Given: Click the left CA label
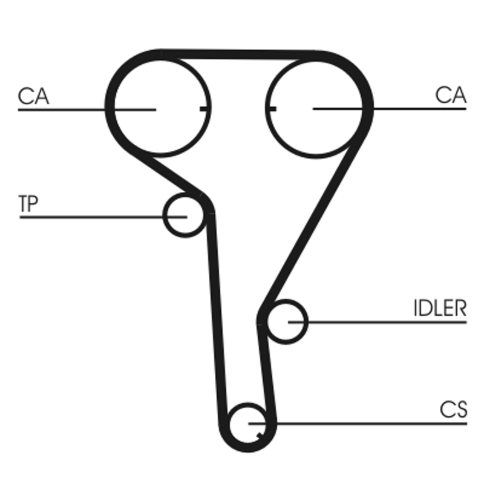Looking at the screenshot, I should [33, 96].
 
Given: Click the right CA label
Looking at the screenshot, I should [451, 95].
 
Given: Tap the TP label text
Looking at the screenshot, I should [28, 204].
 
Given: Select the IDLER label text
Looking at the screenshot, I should [440, 309].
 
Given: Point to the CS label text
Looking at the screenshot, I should [453, 410].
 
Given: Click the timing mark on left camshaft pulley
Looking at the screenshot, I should [204, 109].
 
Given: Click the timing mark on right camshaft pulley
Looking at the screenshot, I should [271, 109].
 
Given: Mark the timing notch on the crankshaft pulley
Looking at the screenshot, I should [260, 436].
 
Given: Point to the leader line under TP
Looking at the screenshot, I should [91, 216].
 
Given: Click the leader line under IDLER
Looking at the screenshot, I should [387, 322].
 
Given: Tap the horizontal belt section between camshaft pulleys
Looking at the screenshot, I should [239, 54].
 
